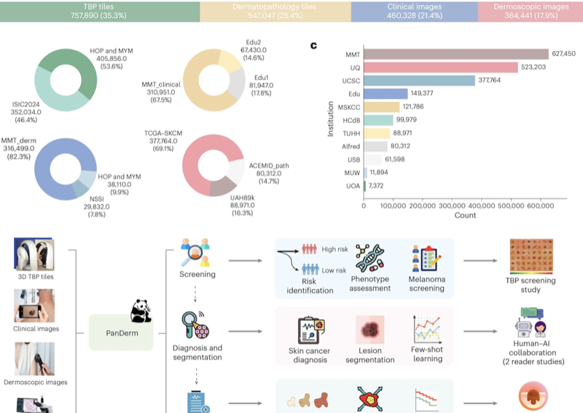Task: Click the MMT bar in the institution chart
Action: (x=456, y=55)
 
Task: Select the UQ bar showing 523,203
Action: (x=441, y=67)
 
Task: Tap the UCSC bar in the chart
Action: (x=420, y=81)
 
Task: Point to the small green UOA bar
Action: (x=365, y=186)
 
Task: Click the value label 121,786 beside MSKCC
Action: (x=413, y=106)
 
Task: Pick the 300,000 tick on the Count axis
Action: (x=452, y=205)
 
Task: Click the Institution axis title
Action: (x=330, y=119)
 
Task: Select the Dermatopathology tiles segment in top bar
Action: (x=275, y=11)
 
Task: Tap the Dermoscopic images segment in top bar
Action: (x=531, y=11)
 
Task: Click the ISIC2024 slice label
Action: (x=26, y=104)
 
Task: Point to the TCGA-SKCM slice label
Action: (x=163, y=133)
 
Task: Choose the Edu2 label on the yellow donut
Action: (x=253, y=42)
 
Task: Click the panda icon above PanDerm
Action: (x=141, y=310)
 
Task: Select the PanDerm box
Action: (x=121, y=332)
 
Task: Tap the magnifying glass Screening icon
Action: (x=195, y=253)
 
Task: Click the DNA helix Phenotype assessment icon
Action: (x=369, y=258)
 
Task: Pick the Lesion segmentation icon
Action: (x=370, y=330)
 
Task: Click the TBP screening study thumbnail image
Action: (x=531, y=256)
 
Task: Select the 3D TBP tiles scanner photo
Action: (x=34, y=254)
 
